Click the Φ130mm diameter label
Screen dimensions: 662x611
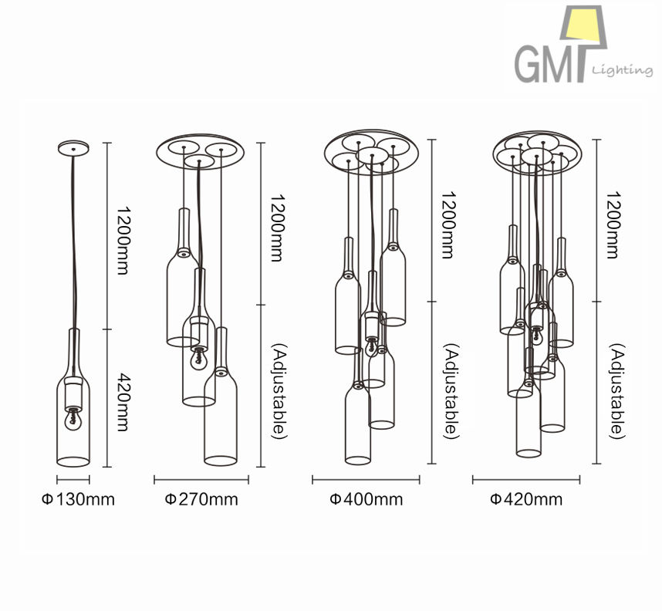pyautogui.click(x=78, y=500)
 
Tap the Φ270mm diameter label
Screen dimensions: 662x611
pyautogui.click(x=201, y=500)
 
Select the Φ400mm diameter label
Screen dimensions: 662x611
pyautogui.click(x=366, y=500)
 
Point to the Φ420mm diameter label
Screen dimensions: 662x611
pyautogui.click(x=526, y=500)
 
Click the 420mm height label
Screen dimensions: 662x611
pyautogui.click(x=123, y=402)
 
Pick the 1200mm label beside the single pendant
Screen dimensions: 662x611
pyautogui.click(x=123, y=240)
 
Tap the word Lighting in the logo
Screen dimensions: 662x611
pyautogui.click(x=623, y=70)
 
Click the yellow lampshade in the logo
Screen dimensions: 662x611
pyautogui.click(x=584, y=24)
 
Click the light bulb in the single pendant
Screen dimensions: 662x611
pyautogui.click(x=73, y=420)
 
